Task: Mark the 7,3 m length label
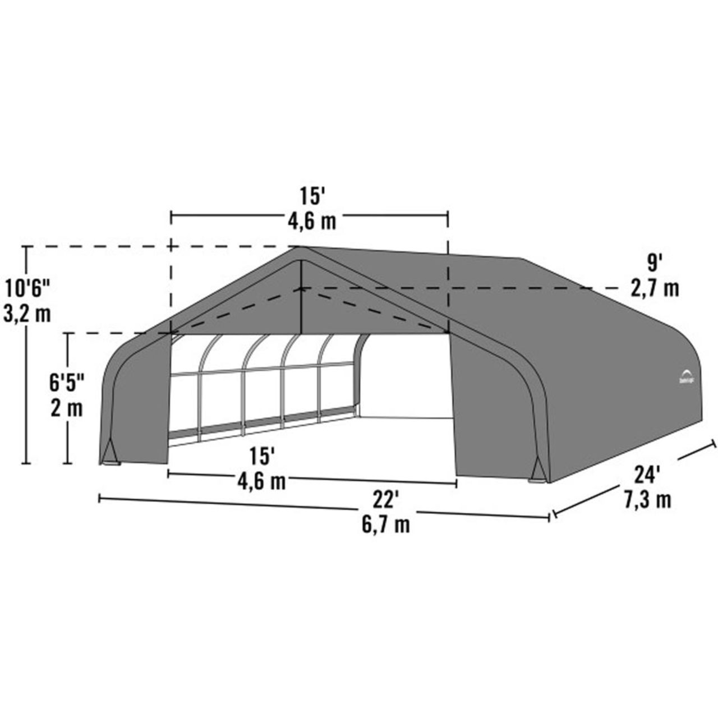[648, 499]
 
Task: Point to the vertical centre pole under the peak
[301, 297]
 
